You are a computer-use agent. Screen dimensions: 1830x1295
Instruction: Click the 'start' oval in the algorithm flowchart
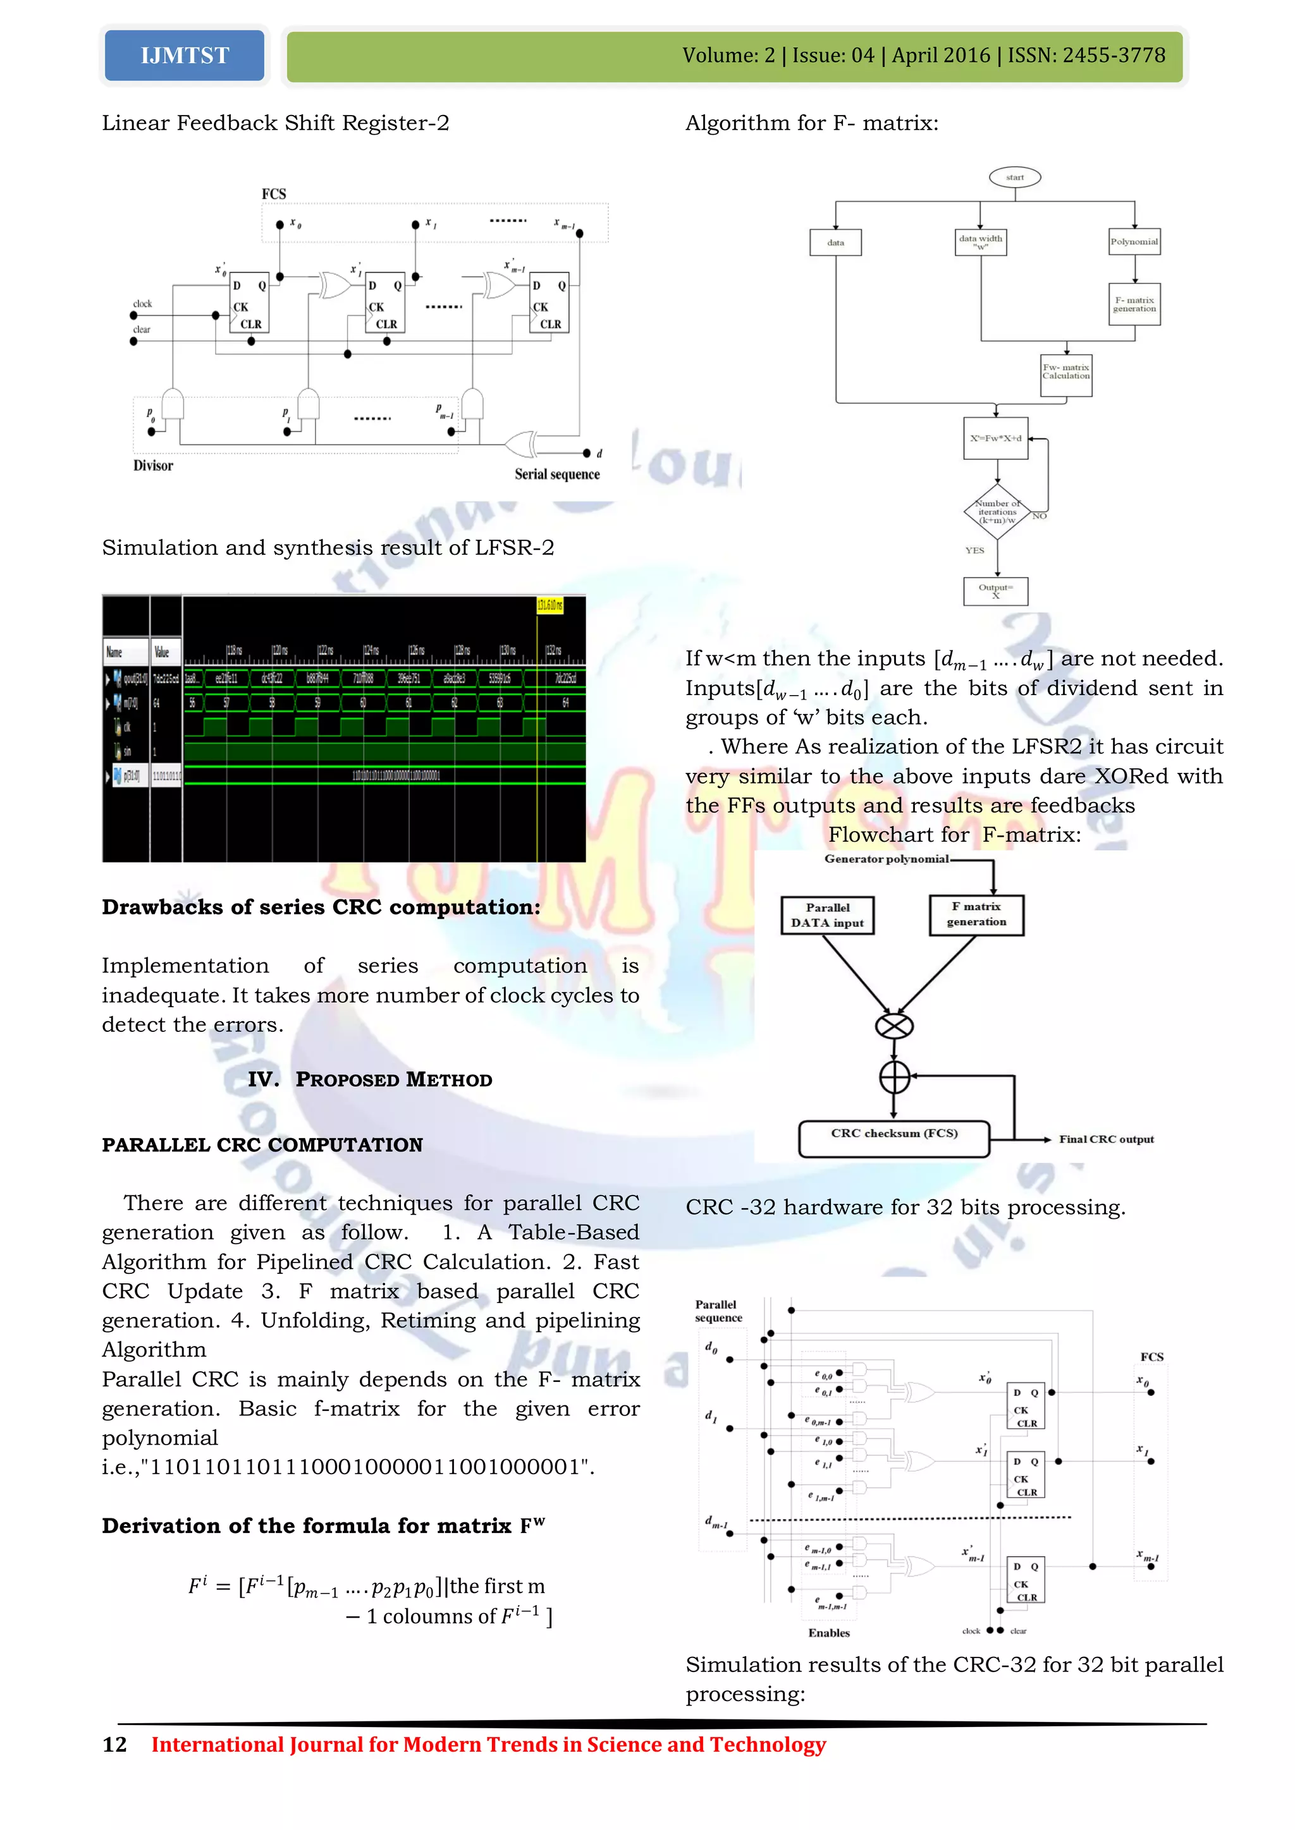pyautogui.click(x=1014, y=177)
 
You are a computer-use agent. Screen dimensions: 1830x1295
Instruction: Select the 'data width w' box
pyautogui.click(x=980, y=242)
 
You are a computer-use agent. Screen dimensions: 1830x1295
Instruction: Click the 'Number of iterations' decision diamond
pyautogui.click(x=997, y=512)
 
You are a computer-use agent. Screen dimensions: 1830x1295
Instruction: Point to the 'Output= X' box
pyautogui.click(x=995, y=591)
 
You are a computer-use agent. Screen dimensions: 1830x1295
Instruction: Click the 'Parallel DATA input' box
pyautogui.click(x=828, y=915)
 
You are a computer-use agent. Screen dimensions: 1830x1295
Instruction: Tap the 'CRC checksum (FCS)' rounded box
pyautogui.click(x=894, y=1138)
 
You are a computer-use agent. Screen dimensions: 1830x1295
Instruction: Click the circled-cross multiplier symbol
pyautogui.click(x=894, y=1026)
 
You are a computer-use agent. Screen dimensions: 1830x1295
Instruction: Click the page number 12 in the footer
pyautogui.click(x=115, y=1745)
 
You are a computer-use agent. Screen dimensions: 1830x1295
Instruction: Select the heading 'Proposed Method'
pyautogui.click(x=393, y=1080)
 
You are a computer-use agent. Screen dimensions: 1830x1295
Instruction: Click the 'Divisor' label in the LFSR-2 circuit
pyautogui.click(x=153, y=466)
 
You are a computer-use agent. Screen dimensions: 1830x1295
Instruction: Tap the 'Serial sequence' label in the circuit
pyautogui.click(x=556, y=474)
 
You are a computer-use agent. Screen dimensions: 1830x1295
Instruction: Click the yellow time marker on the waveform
pyautogui.click(x=549, y=605)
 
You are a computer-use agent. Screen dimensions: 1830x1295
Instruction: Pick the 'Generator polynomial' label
pyautogui.click(x=886, y=859)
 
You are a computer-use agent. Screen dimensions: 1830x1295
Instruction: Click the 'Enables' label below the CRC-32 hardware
pyautogui.click(x=828, y=1633)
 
